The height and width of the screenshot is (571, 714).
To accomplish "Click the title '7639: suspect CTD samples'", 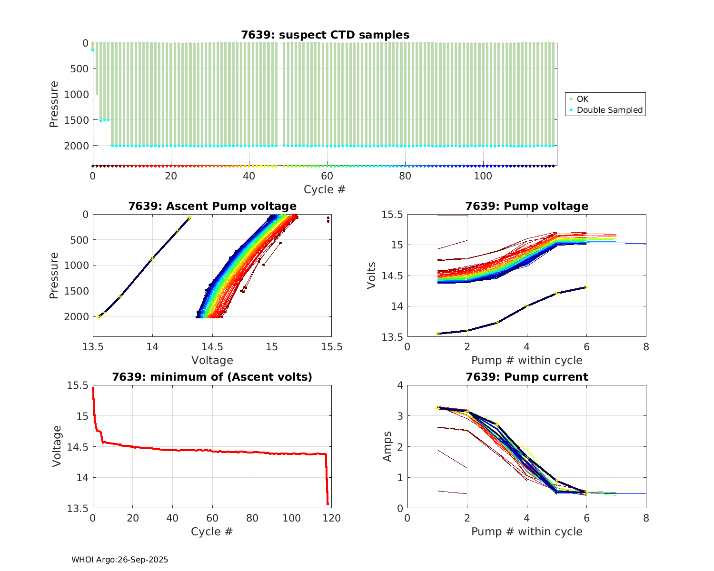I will (325, 35).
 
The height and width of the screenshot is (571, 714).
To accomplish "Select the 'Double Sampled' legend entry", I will (609, 110).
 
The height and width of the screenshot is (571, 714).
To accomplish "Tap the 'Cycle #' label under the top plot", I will (325, 189).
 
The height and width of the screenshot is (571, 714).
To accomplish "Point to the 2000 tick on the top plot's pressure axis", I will (76, 146).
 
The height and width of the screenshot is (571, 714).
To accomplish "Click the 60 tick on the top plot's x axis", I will (327, 176).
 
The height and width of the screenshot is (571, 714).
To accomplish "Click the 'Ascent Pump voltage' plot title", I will (212, 206).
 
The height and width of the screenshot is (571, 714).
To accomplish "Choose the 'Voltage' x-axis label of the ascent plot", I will (212, 360).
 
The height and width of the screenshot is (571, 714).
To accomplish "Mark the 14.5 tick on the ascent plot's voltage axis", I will (212, 346).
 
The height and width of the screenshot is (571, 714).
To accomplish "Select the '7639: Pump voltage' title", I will (526, 206).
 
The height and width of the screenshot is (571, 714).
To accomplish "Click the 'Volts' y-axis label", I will (372, 276).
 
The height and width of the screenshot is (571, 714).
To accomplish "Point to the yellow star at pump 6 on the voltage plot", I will (586, 287).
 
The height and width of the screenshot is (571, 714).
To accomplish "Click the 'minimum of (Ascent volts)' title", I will (212, 377).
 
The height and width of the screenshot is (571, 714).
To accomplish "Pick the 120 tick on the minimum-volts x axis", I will (332, 518).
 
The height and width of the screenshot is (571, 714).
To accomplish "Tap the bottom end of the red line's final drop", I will (327, 503).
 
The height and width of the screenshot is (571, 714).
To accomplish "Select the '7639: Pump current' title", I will (526, 377).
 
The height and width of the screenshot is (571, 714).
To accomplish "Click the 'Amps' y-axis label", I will (387, 446).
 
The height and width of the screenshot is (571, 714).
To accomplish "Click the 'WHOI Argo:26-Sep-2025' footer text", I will (119, 560).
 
